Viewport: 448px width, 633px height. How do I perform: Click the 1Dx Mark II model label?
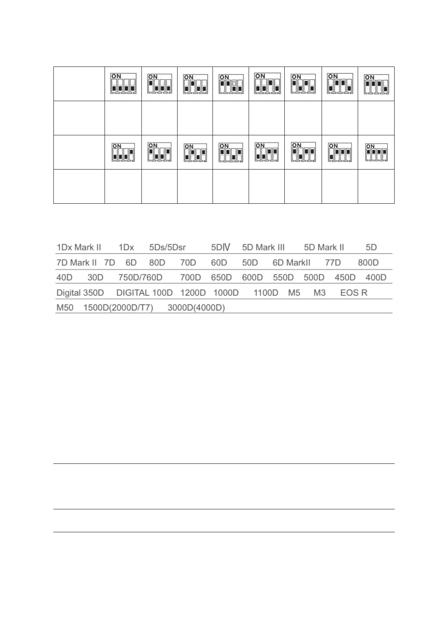(x=79, y=247)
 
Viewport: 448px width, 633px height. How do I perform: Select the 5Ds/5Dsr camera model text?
(x=167, y=247)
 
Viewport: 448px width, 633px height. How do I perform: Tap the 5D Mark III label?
(x=263, y=247)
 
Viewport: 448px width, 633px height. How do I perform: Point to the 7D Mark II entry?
(x=76, y=263)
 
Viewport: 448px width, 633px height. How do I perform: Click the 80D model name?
(x=157, y=263)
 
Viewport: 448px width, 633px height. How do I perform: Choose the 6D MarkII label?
(x=292, y=263)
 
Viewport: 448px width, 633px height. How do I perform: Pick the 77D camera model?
(x=333, y=263)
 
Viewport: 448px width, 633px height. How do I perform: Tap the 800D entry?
(x=368, y=263)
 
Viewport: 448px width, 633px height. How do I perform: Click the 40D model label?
(x=64, y=277)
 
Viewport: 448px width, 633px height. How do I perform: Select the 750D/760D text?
(x=140, y=277)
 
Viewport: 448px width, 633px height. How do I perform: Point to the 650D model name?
(x=221, y=277)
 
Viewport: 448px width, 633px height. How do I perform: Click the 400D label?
(x=376, y=277)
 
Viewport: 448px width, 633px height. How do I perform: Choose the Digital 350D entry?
(x=80, y=293)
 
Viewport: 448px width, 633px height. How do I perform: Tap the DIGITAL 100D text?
(x=144, y=293)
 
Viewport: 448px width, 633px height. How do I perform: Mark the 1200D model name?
(x=193, y=293)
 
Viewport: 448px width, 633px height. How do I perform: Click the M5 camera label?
(x=294, y=293)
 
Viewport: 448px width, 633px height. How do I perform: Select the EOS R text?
(x=354, y=293)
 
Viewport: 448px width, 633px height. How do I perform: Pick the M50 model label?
(x=65, y=308)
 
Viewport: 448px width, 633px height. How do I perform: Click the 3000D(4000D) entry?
(x=196, y=308)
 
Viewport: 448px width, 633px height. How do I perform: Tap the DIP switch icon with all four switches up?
(x=376, y=152)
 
